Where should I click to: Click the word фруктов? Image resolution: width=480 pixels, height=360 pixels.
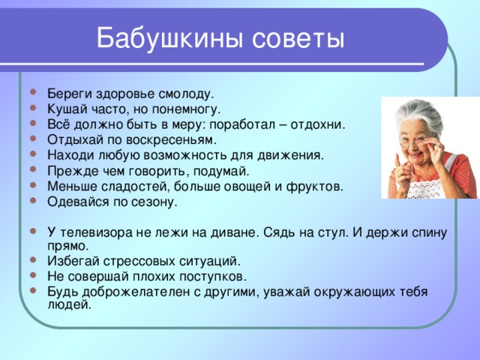tap(315, 186)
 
